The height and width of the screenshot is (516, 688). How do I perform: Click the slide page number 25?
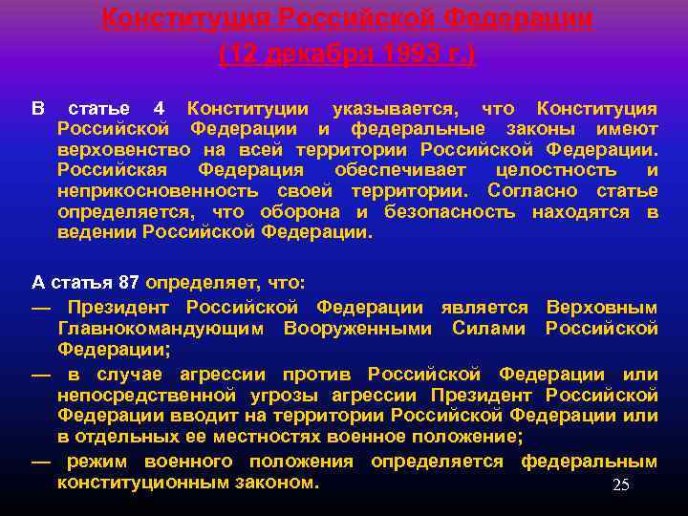(620, 485)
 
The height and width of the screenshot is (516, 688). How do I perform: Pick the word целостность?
(556, 170)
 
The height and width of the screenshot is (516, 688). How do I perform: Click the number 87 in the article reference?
(129, 283)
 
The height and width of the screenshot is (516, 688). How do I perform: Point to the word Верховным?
(601, 308)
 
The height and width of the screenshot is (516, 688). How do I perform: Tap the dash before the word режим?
(41, 462)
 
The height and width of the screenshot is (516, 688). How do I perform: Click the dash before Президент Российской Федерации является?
(41, 308)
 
